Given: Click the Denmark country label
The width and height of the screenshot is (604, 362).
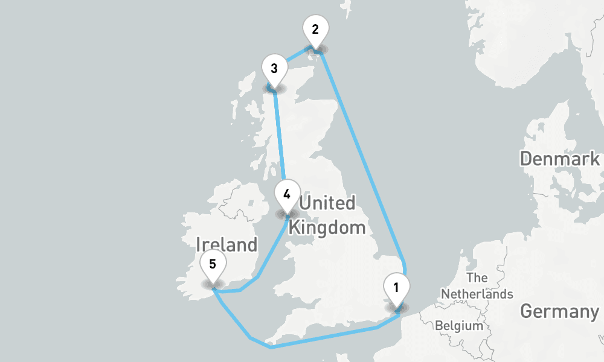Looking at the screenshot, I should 560,159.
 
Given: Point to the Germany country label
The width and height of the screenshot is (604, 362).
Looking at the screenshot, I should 559,312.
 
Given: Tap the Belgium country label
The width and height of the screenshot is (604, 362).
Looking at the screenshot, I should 459,326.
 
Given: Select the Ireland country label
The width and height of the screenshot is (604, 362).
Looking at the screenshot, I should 226,244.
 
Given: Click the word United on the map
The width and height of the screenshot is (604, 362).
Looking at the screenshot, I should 327,203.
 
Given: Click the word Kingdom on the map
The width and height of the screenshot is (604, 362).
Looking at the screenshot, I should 327,227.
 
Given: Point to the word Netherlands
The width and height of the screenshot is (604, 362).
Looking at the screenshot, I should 477,294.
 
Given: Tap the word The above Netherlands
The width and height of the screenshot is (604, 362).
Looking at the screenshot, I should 477,278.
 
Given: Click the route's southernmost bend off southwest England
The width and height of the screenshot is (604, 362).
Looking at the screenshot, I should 271,348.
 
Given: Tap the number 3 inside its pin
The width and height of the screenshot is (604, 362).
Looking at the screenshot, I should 274,68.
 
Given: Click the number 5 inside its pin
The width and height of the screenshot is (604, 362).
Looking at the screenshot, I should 212,264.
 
